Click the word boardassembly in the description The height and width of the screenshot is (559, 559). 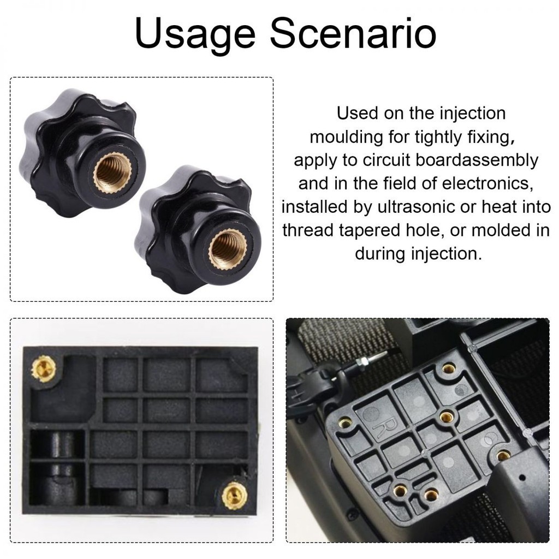pyautogui.click(x=477, y=161)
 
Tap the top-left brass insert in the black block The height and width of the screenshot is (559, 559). pyautogui.click(x=44, y=369)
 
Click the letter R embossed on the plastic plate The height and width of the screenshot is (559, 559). pyautogui.click(x=387, y=427)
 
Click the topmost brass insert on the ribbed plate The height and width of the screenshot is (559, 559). pyautogui.click(x=449, y=368)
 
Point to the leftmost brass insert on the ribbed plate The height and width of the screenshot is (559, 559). pyautogui.click(x=344, y=423)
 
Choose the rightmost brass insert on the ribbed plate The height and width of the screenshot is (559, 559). pyautogui.click(x=503, y=455)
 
